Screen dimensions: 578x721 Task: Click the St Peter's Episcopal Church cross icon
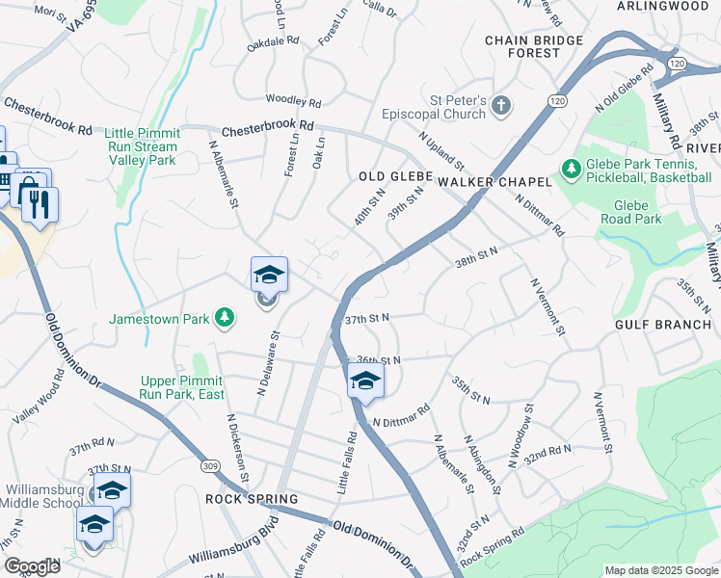point(500,105)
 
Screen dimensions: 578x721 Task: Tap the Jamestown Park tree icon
point(225,317)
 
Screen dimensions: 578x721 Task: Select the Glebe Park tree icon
point(572,170)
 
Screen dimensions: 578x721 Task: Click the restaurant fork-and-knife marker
point(40,203)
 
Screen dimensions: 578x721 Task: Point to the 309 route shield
point(210,465)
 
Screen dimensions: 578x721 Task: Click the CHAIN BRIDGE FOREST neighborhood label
point(534,46)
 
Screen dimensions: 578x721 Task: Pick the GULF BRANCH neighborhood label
point(663,325)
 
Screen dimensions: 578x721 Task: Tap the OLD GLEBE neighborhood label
point(385,176)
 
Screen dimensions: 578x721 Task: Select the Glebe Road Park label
point(638,212)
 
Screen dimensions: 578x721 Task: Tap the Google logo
point(32,566)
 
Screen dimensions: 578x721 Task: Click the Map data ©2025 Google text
point(660,570)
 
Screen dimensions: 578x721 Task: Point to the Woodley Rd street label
point(293,99)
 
